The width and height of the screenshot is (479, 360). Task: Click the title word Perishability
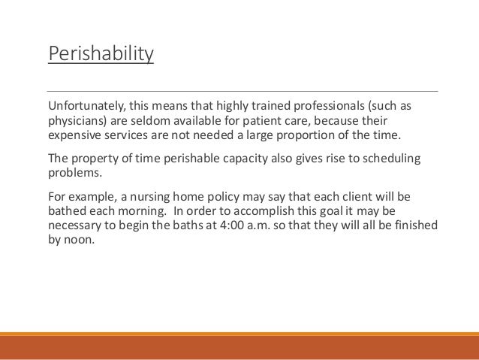[x=101, y=56]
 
